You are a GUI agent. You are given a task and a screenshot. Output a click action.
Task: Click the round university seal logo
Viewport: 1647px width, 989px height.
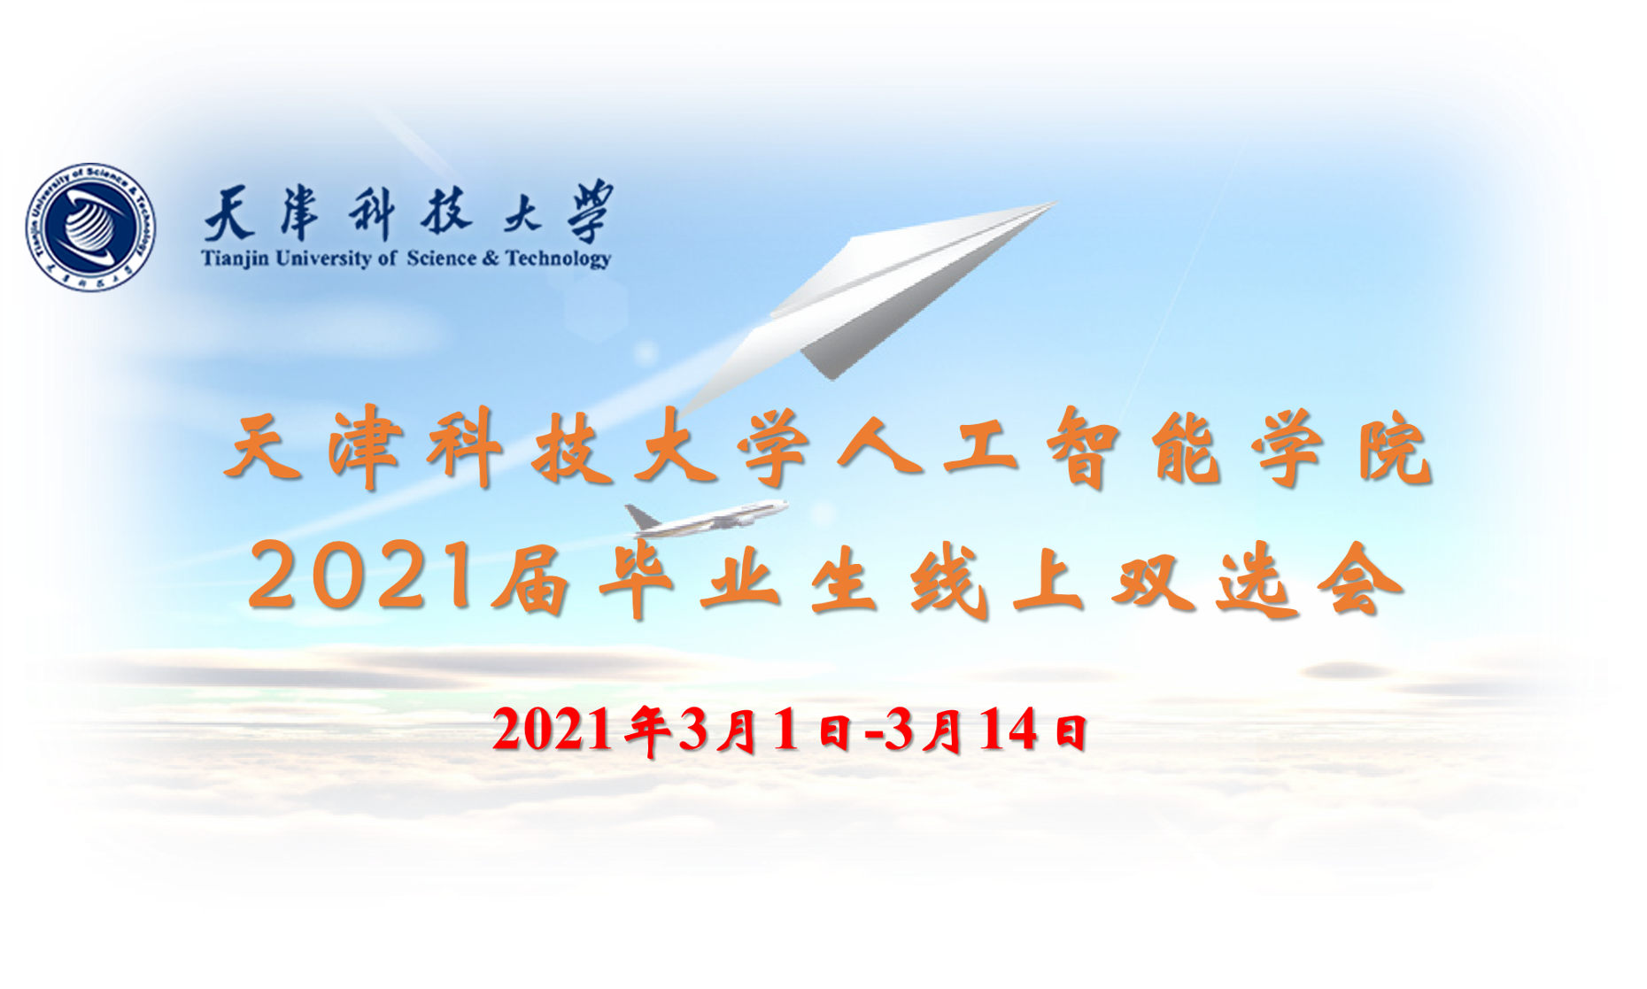90,227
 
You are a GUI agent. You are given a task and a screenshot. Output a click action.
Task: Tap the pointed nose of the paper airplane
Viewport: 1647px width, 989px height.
1056,203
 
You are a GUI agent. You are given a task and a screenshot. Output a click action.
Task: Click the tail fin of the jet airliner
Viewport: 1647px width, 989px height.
639,515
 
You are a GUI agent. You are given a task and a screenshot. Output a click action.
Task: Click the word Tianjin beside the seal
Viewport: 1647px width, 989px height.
235,259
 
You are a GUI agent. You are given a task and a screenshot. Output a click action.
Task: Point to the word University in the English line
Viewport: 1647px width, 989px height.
323,259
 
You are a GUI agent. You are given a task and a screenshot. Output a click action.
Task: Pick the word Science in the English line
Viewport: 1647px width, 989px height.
442,258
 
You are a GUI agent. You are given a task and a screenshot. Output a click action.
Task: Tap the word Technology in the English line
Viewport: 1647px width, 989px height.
559,259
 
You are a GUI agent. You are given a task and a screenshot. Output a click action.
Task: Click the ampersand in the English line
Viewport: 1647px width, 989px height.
491,258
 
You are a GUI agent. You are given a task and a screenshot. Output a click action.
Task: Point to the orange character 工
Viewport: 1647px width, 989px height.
979,448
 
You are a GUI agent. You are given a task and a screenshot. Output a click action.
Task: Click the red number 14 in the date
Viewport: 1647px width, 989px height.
1009,731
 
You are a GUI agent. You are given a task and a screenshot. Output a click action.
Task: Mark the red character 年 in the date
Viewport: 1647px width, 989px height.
646,732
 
